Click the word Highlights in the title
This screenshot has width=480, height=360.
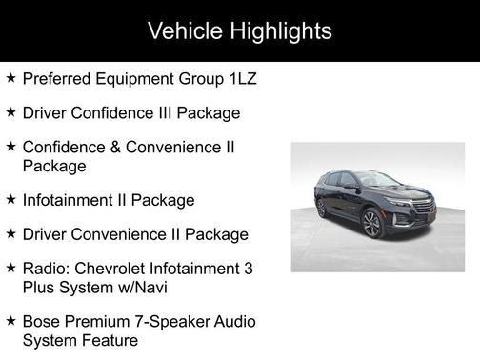point(281,31)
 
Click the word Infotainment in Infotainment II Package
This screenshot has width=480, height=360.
point(68,200)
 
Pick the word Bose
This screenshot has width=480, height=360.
point(41,322)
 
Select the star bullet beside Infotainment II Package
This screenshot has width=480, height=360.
point(10,200)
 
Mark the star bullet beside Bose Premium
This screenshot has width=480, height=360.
point(10,322)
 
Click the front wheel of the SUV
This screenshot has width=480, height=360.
point(371,224)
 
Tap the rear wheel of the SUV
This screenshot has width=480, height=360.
point(321,208)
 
